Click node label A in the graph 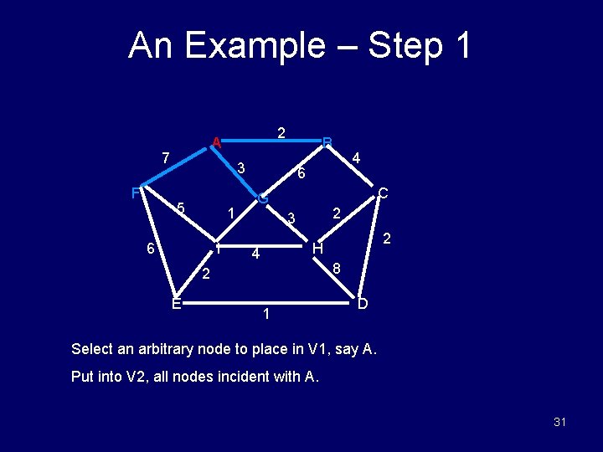click(x=216, y=142)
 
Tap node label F click(x=136, y=193)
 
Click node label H click(x=317, y=249)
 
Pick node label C click(x=383, y=193)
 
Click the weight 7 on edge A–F click(x=166, y=157)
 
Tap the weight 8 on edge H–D click(x=336, y=269)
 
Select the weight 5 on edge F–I click(x=180, y=208)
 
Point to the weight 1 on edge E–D click(x=265, y=315)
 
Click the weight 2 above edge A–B click(x=282, y=131)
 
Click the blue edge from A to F click(x=176, y=166)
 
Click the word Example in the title click(x=255, y=45)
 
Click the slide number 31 click(x=559, y=422)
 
